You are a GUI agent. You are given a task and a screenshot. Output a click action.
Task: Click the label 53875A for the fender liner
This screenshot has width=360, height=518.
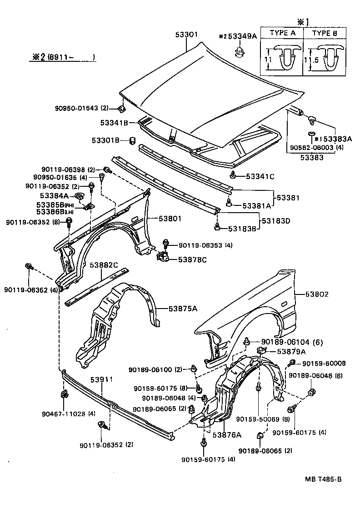click(x=183, y=309)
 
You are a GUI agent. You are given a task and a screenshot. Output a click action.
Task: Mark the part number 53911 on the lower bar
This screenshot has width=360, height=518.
click(x=101, y=379)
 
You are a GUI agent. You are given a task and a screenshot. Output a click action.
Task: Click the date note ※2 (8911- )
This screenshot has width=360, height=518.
click(x=60, y=57)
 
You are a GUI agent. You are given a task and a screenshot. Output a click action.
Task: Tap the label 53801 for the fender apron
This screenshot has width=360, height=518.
click(x=170, y=219)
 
